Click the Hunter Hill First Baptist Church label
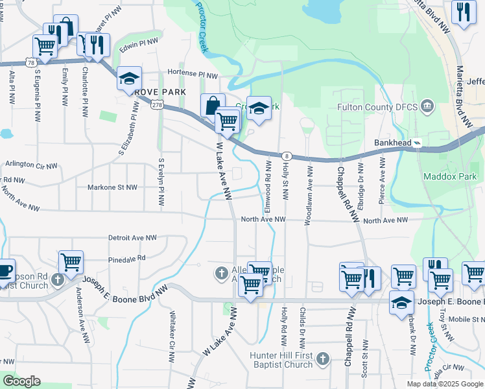pyautogui.click(x=282, y=360)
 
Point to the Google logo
pyautogui.click(x=21, y=381)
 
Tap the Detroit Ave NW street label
pyautogui.click(x=133, y=238)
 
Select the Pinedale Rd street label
pyautogui.click(x=127, y=258)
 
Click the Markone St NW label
pyautogui.click(x=113, y=187)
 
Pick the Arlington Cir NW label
pyautogui.click(x=31, y=164)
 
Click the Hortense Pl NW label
pyautogui.click(x=193, y=74)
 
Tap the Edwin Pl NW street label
pyautogui.click(x=139, y=43)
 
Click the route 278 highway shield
pyautogui.click(x=156, y=105)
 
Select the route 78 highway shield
pyautogui.click(x=31, y=62)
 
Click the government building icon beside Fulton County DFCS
pyautogui.click(x=427, y=106)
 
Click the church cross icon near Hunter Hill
pyautogui.click(x=324, y=359)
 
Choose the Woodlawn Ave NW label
pyautogui.click(x=310, y=192)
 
